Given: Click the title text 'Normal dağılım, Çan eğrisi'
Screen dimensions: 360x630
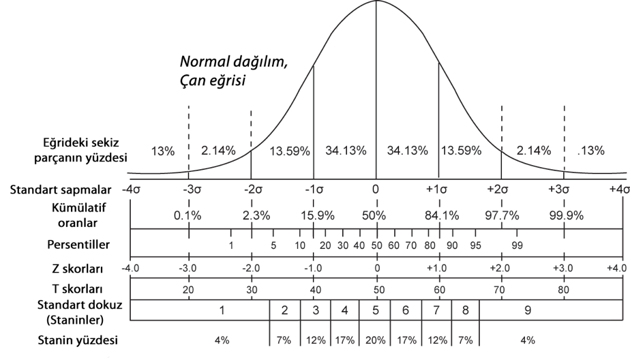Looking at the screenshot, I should (232, 70).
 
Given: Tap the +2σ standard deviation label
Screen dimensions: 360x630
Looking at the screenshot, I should (502, 188).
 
